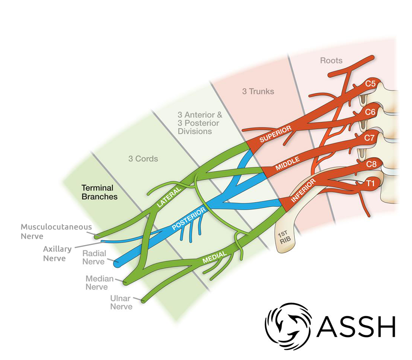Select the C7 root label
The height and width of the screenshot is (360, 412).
[x=370, y=138]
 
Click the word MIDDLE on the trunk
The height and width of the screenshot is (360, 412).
[x=288, y=164]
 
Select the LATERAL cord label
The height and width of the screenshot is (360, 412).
[x=169, y=196]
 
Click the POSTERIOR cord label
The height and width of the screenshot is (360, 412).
[x=189, y=219]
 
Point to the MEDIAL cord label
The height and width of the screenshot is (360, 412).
[x=215, y=258]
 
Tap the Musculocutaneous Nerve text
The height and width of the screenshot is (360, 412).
[x=56, y=231]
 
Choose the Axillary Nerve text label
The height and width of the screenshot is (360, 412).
[x=57, y=253]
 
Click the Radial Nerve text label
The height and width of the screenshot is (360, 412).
[x=94, y=257]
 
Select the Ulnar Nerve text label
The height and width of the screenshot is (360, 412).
[x=121, y=302]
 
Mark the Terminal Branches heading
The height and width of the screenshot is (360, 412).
[x=100, y=192]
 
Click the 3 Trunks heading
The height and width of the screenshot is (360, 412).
[x=258, y=91]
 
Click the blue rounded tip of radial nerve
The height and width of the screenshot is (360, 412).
[x=118, y=263]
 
